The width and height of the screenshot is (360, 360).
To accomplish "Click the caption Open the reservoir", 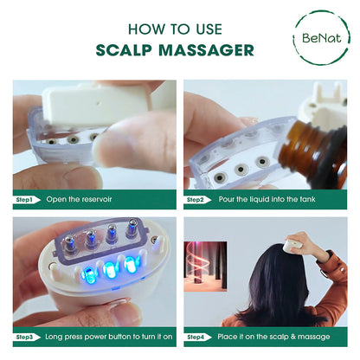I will pyautogui.click(x=79, y=198).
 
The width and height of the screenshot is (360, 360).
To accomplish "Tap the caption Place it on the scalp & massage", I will pyautogui.click(x=272, y=336).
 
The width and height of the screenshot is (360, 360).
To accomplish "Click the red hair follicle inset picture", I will pyautogui.click(x=213, y=264).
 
